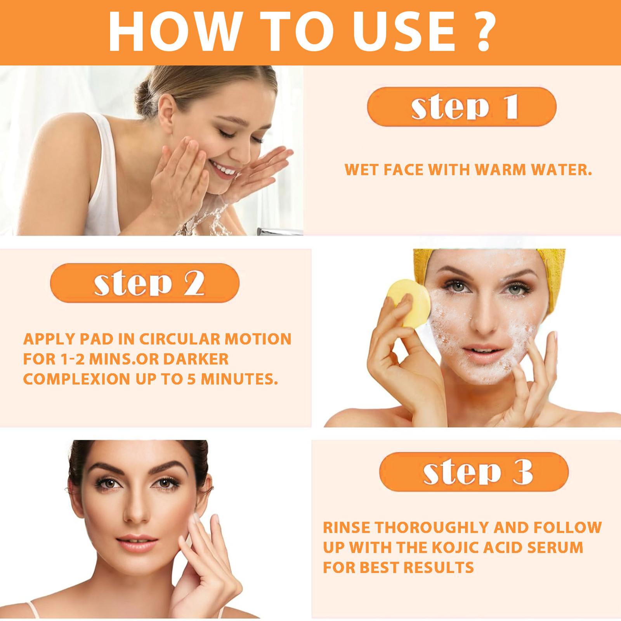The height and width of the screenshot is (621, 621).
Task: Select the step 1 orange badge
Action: tap(461, 107)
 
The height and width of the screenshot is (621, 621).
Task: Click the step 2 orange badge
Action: tap(145, 283)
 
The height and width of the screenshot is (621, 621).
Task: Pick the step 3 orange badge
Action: tap(474, 472)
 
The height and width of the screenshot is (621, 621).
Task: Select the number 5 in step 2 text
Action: tap(191, 379)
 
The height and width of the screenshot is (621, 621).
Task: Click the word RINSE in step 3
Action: tap(346, 528)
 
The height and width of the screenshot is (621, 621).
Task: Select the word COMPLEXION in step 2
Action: tap(76, 379)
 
